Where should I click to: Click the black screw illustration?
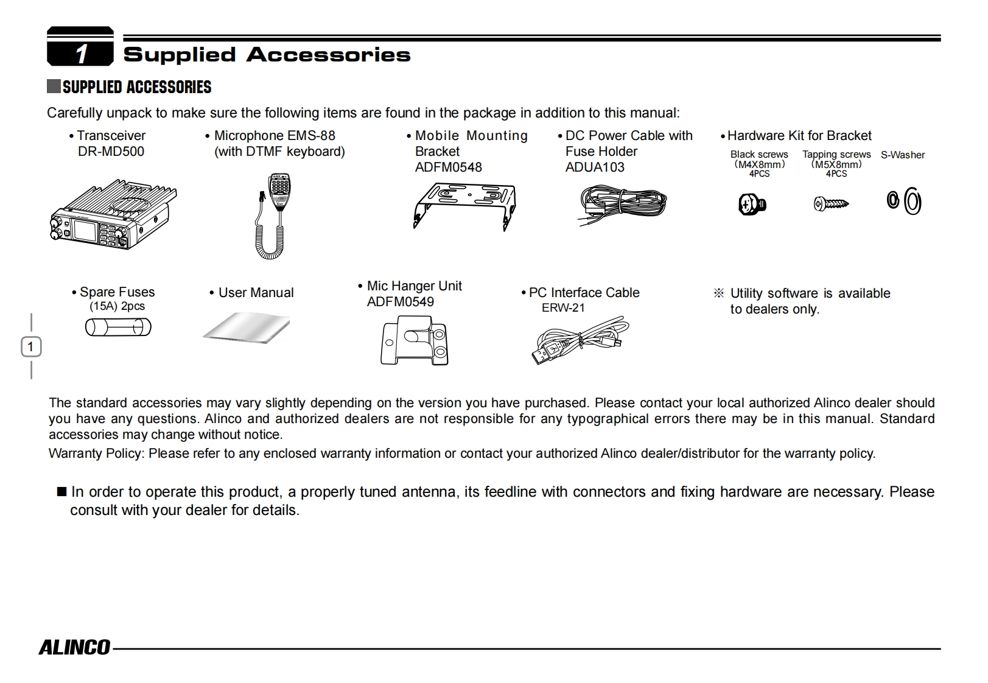(752, 204)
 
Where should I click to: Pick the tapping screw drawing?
(831, 204)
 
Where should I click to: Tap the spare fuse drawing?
(118, 328)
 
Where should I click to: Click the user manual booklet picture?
(247, 328)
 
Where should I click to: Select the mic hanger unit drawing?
(415, 341)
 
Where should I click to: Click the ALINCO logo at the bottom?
(75, 647)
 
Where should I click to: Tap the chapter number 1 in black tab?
(81, 54)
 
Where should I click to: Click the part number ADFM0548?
(448, 167)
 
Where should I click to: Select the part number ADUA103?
(595, 167)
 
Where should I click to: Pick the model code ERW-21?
(563, 308)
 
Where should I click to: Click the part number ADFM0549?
(401, 302)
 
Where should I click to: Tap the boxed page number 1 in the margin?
(31, 347)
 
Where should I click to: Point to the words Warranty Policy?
(96, 454)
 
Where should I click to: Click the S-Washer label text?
(903, 155)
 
